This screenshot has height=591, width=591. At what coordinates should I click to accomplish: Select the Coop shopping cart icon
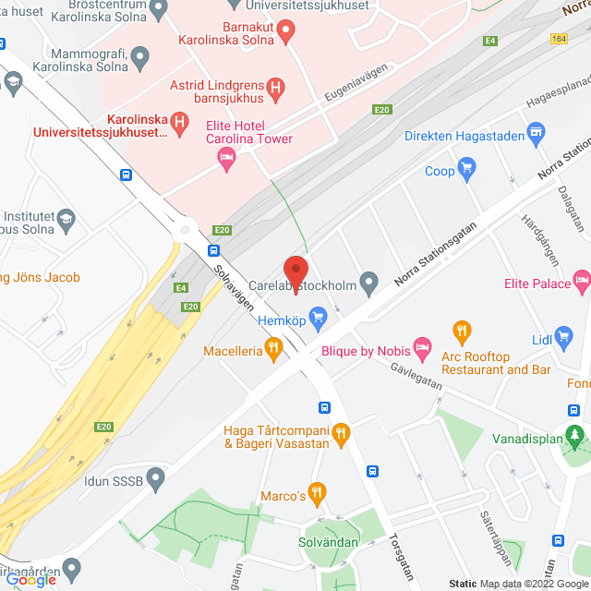pyautogui.click(x=467, y=170)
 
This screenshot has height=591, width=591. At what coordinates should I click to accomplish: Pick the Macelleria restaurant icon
pyautogui.click(x=272, y=349)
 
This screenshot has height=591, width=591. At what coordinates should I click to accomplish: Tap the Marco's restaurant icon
pyautogui.click(x=317, y=492)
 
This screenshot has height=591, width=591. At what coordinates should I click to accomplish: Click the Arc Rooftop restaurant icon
pyautogui.click(x=463, y=330)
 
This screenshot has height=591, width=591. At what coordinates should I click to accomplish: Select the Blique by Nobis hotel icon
pyautogui.click(x=422, y=349)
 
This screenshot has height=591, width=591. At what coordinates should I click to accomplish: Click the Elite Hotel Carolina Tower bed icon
pyautogui.click(x=225, y=160)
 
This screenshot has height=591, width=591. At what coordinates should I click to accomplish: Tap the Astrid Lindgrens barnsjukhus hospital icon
pyautogui.click(x=275, y=90)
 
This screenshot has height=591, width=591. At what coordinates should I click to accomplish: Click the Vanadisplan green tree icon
pyautogui.click(x=577, y=434)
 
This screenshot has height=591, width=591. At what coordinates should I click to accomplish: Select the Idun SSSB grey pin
pyautogui.click(x=155, y=479)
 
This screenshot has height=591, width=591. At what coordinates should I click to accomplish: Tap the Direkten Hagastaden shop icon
pyautogui.click(x=534, y=135)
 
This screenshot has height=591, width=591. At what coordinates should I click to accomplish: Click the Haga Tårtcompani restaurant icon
pyautogui.click(x=341, y=432)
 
